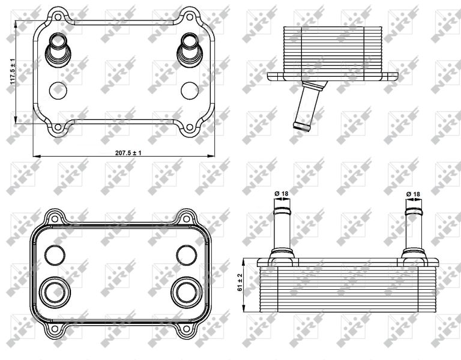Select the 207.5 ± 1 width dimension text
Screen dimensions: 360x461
128,153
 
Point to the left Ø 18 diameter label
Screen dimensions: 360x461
281,193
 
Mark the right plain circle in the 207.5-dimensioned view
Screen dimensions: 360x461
190,89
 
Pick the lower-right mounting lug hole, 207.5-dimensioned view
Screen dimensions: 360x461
190,127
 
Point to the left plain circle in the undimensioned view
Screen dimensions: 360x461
54,253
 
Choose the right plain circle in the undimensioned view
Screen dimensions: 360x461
185,253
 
